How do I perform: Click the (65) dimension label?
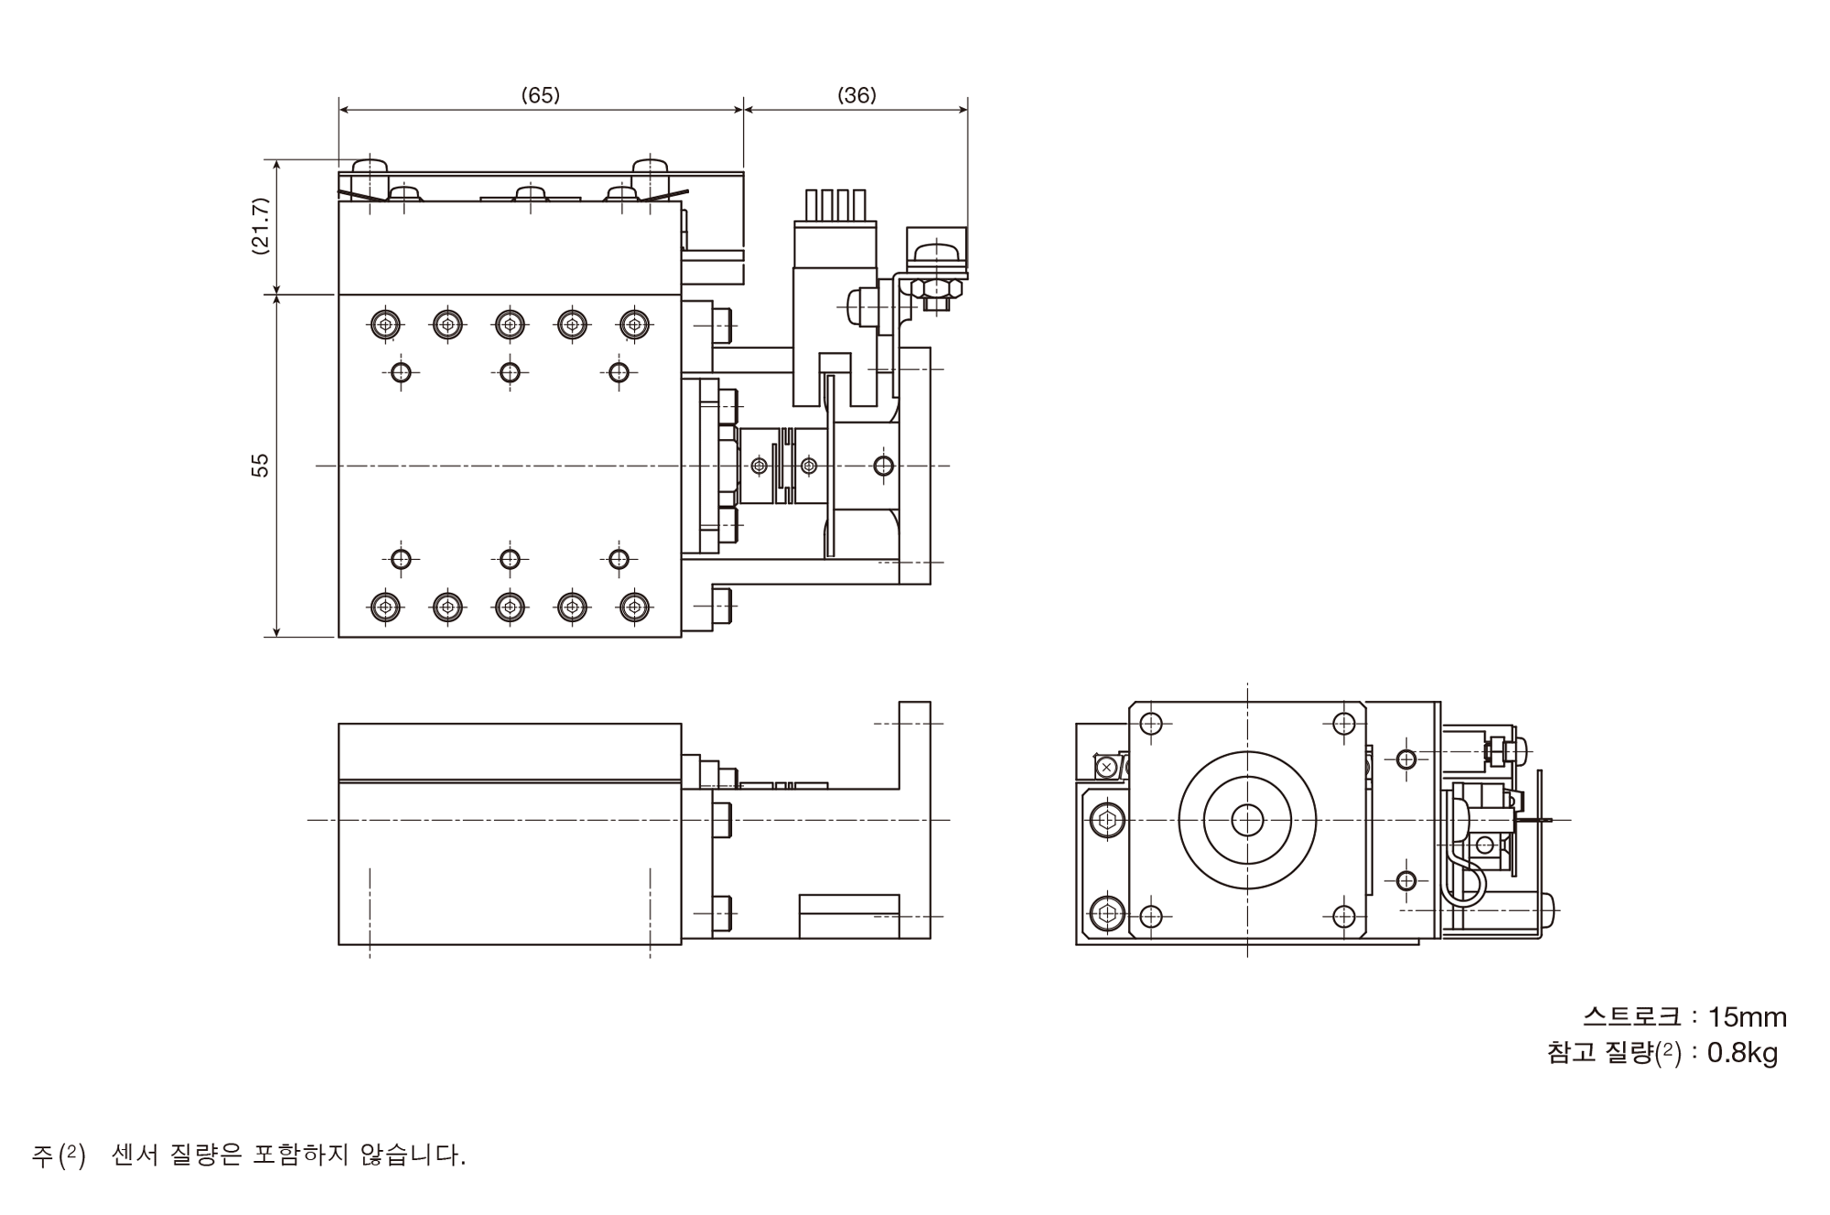pos(540,95)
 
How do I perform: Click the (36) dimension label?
pos(856,95)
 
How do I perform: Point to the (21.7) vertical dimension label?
pos(261,226)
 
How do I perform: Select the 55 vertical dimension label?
pos(261,465)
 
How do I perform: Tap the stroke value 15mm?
pos(1747,1017)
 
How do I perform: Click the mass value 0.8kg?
pos(1742,1053)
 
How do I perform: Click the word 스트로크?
pos(1631,1017)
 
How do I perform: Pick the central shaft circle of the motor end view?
pos(1247,821)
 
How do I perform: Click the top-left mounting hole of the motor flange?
pos(1151,724)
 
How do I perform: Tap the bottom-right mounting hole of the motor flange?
pos(1343,916)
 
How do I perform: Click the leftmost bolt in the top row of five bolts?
pos(385,324)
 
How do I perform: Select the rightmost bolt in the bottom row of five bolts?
pos(634,607)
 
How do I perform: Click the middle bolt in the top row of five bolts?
pos(510,324)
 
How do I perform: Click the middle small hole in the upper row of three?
pos(510,372)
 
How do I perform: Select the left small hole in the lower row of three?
pos(400,559)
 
